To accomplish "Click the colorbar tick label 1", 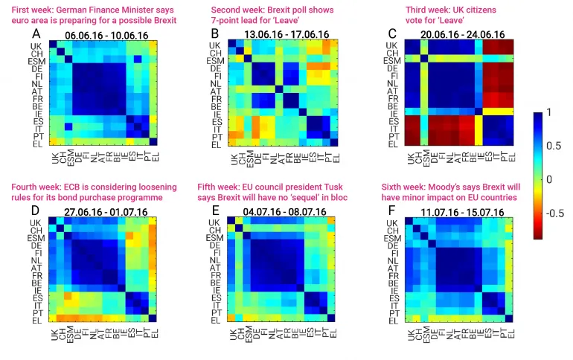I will (551, 113).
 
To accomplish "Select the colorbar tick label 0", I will (551, 179).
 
